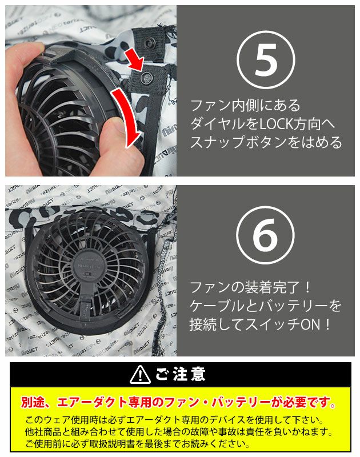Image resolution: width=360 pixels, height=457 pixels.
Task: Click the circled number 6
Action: (266, 235)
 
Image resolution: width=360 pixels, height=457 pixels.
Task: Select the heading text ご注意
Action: (180, 375)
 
